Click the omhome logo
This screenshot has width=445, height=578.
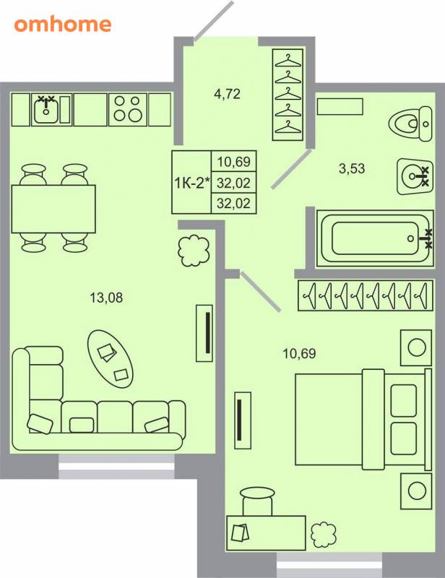pyautogui.click(x=63, y=25)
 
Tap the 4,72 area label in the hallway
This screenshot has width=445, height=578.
pyautogui.click(x=227, y=94)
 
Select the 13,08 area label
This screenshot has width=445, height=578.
pyautogui.click(x=106, y=298)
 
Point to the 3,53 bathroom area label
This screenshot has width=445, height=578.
pyautogui.click(x=352, y=168)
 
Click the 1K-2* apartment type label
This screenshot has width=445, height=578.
pyautogui.click(x=191, y=183)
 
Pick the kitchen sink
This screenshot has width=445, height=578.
pyautogui.click(x=46, y=109)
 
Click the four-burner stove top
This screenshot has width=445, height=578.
pyautogui.click(x=128, y=109)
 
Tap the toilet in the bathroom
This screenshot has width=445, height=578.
pyautogui.click(x=411, y=124)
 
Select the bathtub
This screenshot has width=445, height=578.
pyautogui.click(x=375, y=238)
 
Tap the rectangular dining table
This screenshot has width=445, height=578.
pyautogui.click(x=53, y=209)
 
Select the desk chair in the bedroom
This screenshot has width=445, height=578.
pyautogui.click(x=257, y=501)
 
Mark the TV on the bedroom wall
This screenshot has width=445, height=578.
pyautogui.click(x=243, y=420)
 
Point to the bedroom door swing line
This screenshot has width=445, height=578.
pyautogui.click(x=261, y=291)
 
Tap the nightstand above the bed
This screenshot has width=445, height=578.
pyautogui.click(x=416, y=348)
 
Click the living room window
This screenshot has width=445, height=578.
pyautogui.click(x=116, y=466)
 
